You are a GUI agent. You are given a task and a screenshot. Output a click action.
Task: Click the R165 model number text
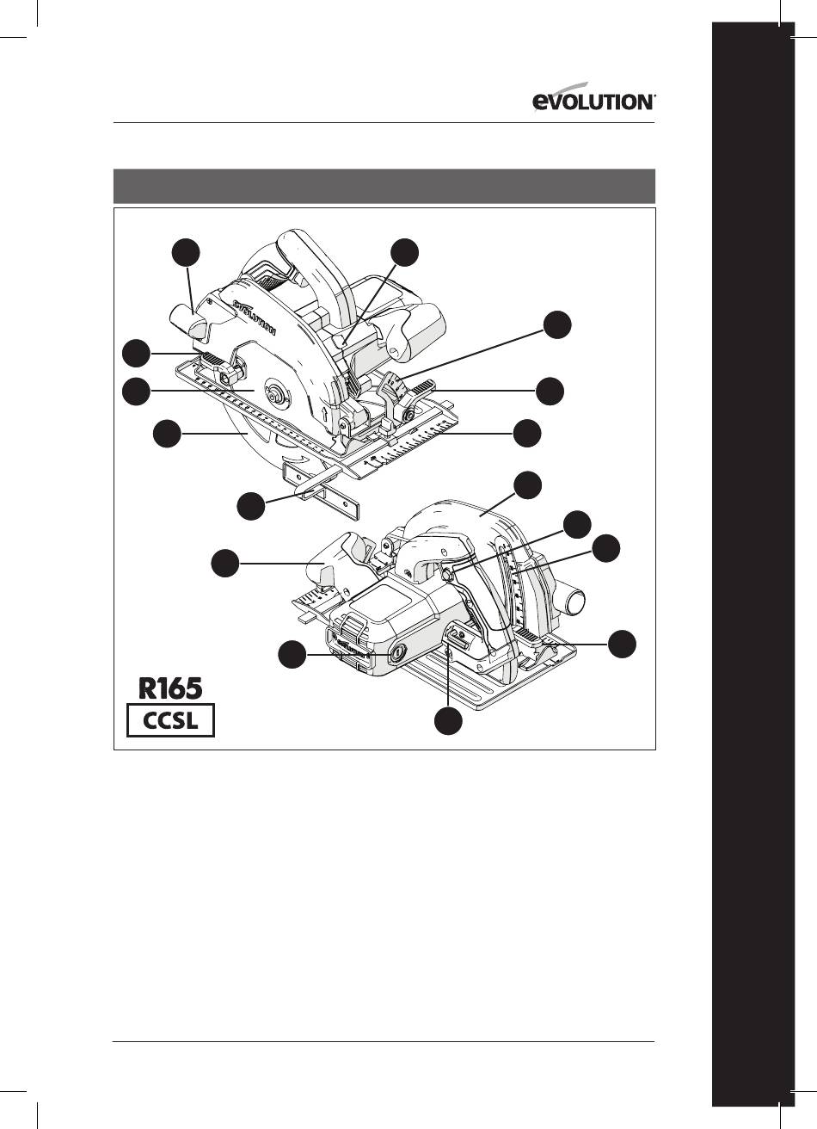170,688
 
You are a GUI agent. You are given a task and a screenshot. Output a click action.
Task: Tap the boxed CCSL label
170,721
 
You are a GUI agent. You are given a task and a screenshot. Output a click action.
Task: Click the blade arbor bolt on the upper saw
275,393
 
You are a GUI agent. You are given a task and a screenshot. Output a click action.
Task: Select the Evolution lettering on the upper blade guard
255,317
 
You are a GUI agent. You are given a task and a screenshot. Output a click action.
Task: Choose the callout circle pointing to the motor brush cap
292,654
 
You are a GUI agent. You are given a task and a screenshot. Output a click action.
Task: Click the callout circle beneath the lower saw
448,721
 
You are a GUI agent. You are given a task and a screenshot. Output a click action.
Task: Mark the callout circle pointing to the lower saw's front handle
224,563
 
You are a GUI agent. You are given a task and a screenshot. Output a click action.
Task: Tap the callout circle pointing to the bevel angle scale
557,325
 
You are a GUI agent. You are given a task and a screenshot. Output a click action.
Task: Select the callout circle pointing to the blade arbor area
136,392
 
